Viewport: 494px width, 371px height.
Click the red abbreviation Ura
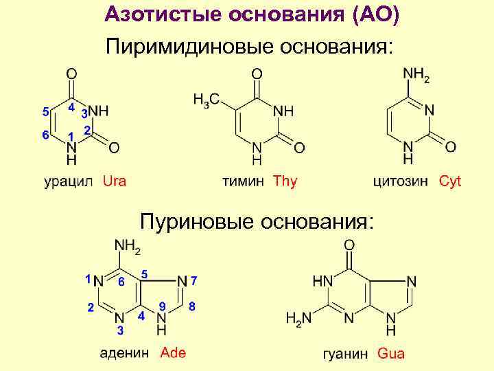(x=114, y=181)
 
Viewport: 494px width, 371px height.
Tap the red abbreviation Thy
(x=285, y=181)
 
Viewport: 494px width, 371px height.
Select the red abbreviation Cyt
(x=450, y=181)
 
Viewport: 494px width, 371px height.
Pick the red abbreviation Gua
(x=391, y=354)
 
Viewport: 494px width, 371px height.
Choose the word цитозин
(x=401, y=182)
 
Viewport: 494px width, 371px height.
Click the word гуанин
(x=346, y=355)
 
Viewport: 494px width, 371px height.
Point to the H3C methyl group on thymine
(x=206, y=100)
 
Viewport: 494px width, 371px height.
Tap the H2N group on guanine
(x=298, y=319)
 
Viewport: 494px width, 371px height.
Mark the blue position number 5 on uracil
(x=45, y=111)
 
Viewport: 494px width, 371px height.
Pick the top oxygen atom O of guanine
(x=349, y=245)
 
